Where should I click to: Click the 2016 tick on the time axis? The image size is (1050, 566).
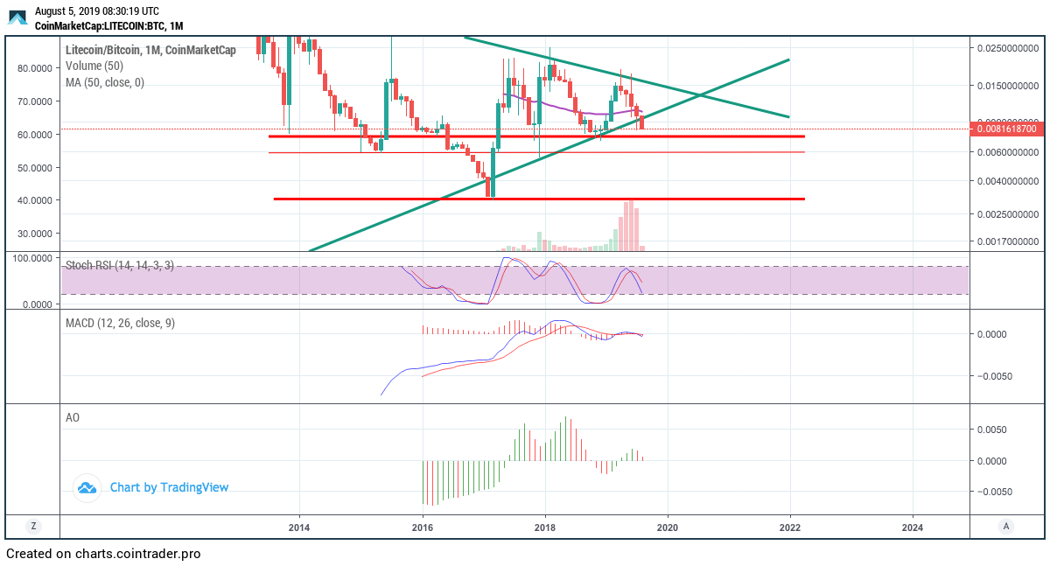[423, 527]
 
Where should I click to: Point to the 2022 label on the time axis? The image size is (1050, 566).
[790, 527]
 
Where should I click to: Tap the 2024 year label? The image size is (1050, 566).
[913, 527]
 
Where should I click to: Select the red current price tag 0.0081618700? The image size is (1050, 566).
[1006, 129]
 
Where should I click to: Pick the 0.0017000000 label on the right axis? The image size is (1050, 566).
[1005, 241]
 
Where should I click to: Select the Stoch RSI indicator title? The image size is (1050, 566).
[120, 265]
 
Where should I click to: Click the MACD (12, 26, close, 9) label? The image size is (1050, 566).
[120, 323]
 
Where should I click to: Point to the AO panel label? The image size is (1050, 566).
[73, 417]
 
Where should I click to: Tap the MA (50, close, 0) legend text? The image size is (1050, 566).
[105, 82]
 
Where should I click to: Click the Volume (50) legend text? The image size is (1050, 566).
[94, 66]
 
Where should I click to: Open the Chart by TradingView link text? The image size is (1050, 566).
[169, 487]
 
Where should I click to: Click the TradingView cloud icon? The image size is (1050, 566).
[86, 488]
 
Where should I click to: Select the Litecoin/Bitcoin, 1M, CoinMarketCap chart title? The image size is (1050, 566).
[150, 50]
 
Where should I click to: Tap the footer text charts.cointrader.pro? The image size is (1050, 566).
[137, 554]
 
